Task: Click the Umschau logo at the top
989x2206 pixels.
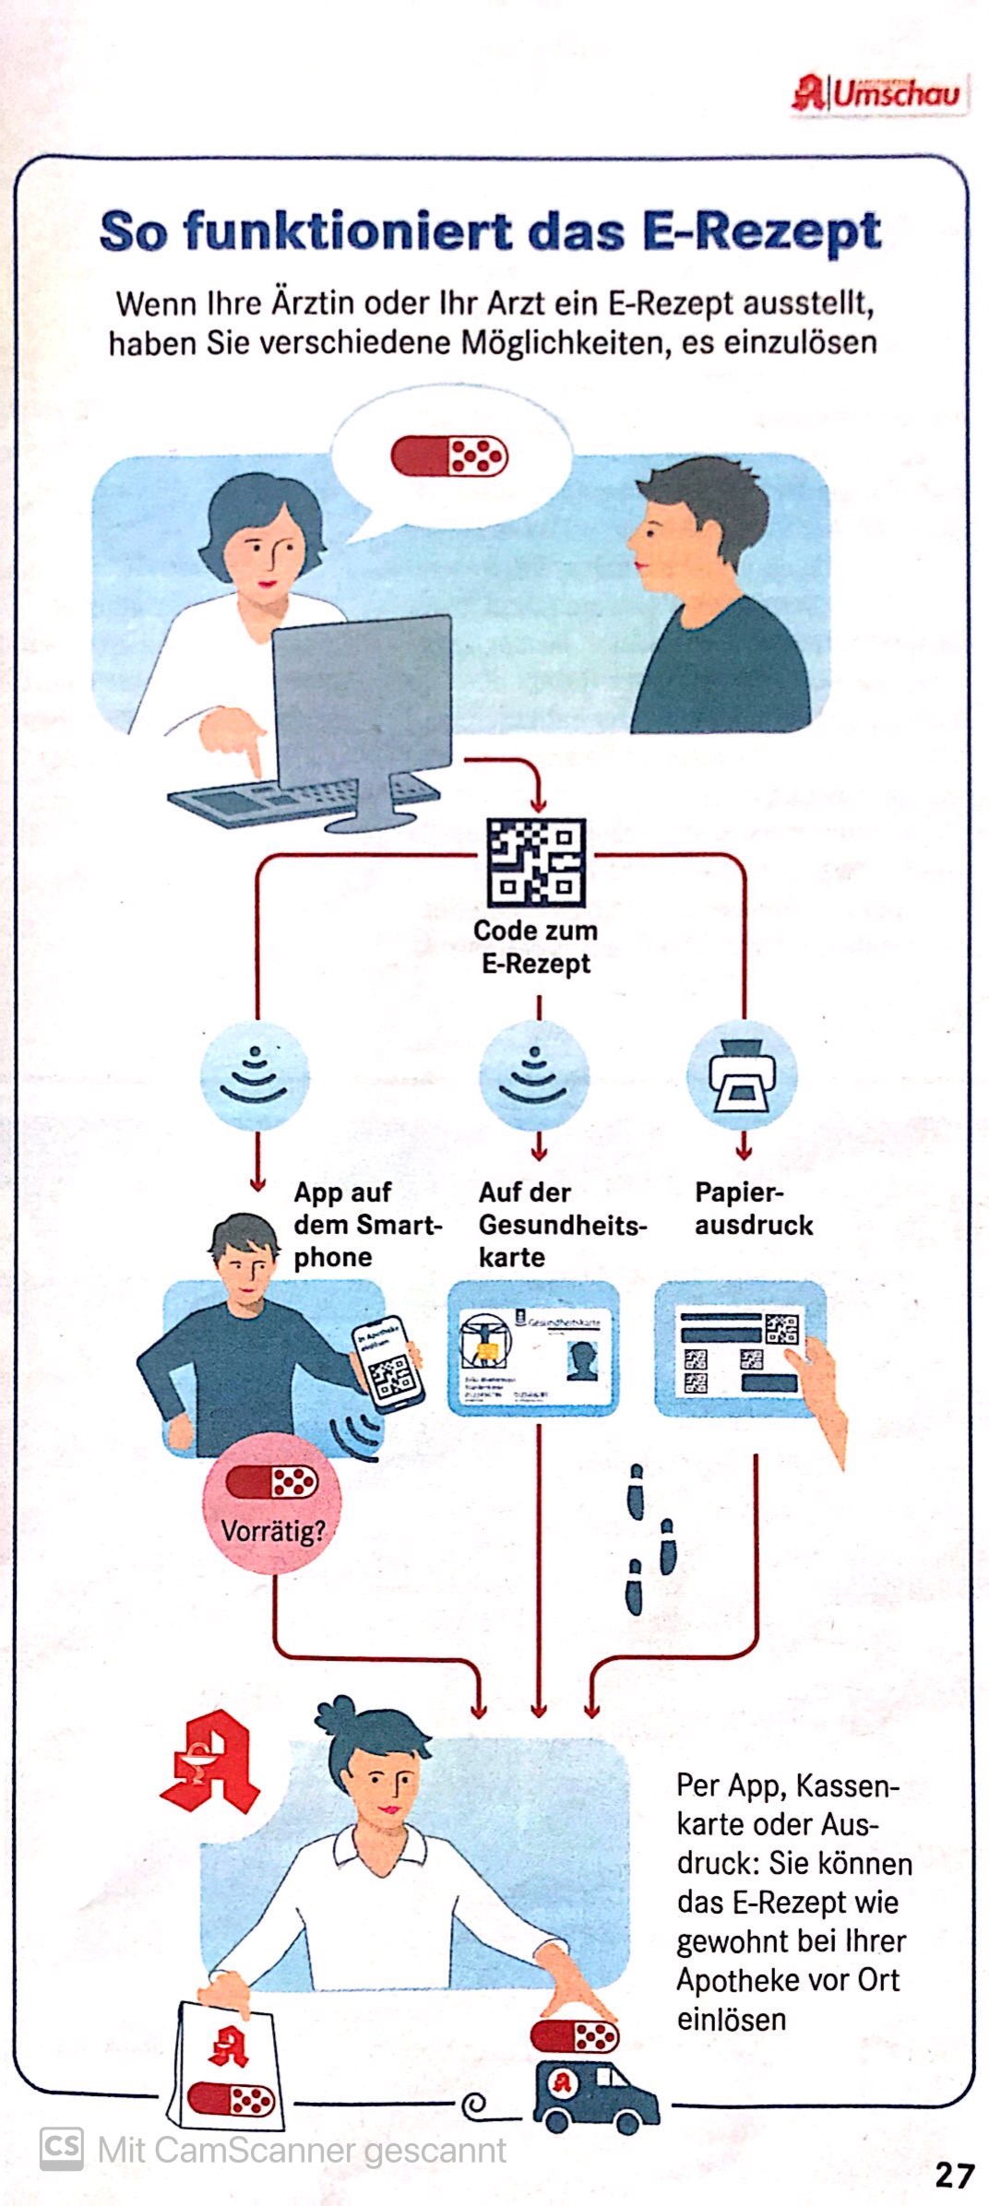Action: [878, 94]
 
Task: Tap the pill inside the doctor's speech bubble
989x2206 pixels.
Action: [449, 456]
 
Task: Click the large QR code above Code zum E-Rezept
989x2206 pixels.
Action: [536, 863]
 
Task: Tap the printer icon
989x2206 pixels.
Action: [742, 1076]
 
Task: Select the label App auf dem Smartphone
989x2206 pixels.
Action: [367, 1225]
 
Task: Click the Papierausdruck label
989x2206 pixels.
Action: [753, 1209]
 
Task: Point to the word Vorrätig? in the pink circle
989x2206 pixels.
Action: [273, 1532]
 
